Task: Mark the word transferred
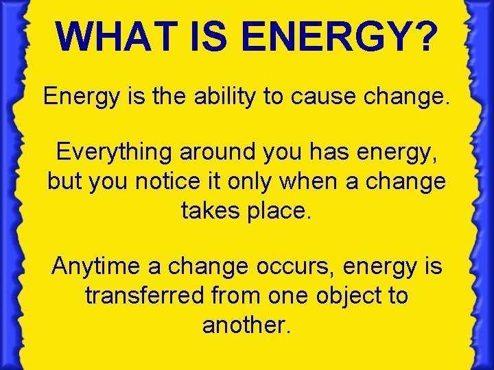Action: [144, 295]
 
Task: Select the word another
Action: [247, 325]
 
